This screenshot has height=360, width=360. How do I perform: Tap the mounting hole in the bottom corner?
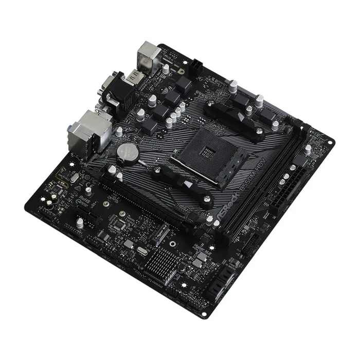click(204, 314)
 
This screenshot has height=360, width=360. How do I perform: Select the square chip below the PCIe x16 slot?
click(120, 225)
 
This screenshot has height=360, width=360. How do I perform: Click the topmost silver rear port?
click(148, 55)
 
